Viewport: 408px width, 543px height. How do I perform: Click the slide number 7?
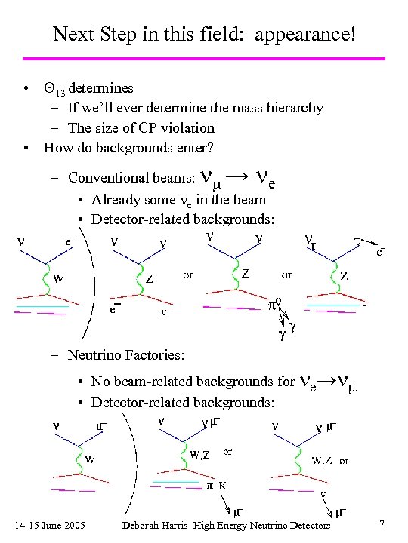383,524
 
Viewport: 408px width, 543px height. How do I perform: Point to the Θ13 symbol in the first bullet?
54,90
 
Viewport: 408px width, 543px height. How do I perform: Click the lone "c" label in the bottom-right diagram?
323,495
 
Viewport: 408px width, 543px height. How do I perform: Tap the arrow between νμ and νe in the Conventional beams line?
236,176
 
